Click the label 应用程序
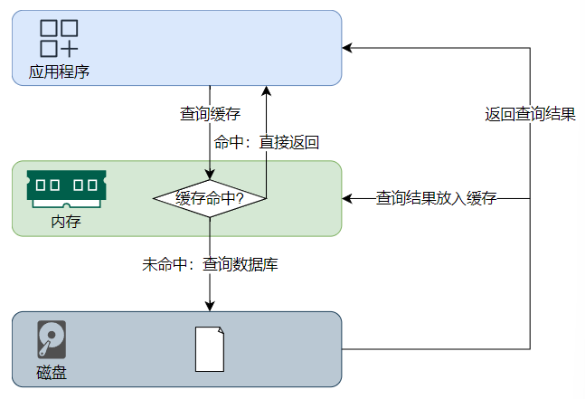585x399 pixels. pyautogui.click(x=59, y=71)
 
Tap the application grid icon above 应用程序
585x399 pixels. pyautogui.click(x=59, y=37)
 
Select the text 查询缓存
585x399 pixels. pyautogui.click(x=210, y=114)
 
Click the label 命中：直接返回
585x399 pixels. pyautogui.click(x=267, y=142)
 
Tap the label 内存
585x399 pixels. pyautogui.click(x=65, y=222)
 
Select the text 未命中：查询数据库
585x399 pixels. pyautogui.click(x=210, y=265)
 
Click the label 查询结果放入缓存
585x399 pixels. pyautogui.click(x=436, y=198)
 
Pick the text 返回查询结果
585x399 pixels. pyautogui.click(x=530, y=114)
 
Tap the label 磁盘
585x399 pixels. pyautogui.click(x=52, y=372)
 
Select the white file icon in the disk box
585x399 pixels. pyautogui.click(x=210, y=348)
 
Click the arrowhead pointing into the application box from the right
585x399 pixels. pyautogui.click(x=348, y=48)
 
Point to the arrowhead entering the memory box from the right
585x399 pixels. pyautogui.click(x=348, y=198)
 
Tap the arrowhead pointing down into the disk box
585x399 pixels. pyautogui.click(x=210, y=306)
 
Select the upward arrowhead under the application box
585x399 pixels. pyautogui.click(x=267, y=91)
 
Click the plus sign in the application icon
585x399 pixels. pyautogui.click(x=70, y=47)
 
